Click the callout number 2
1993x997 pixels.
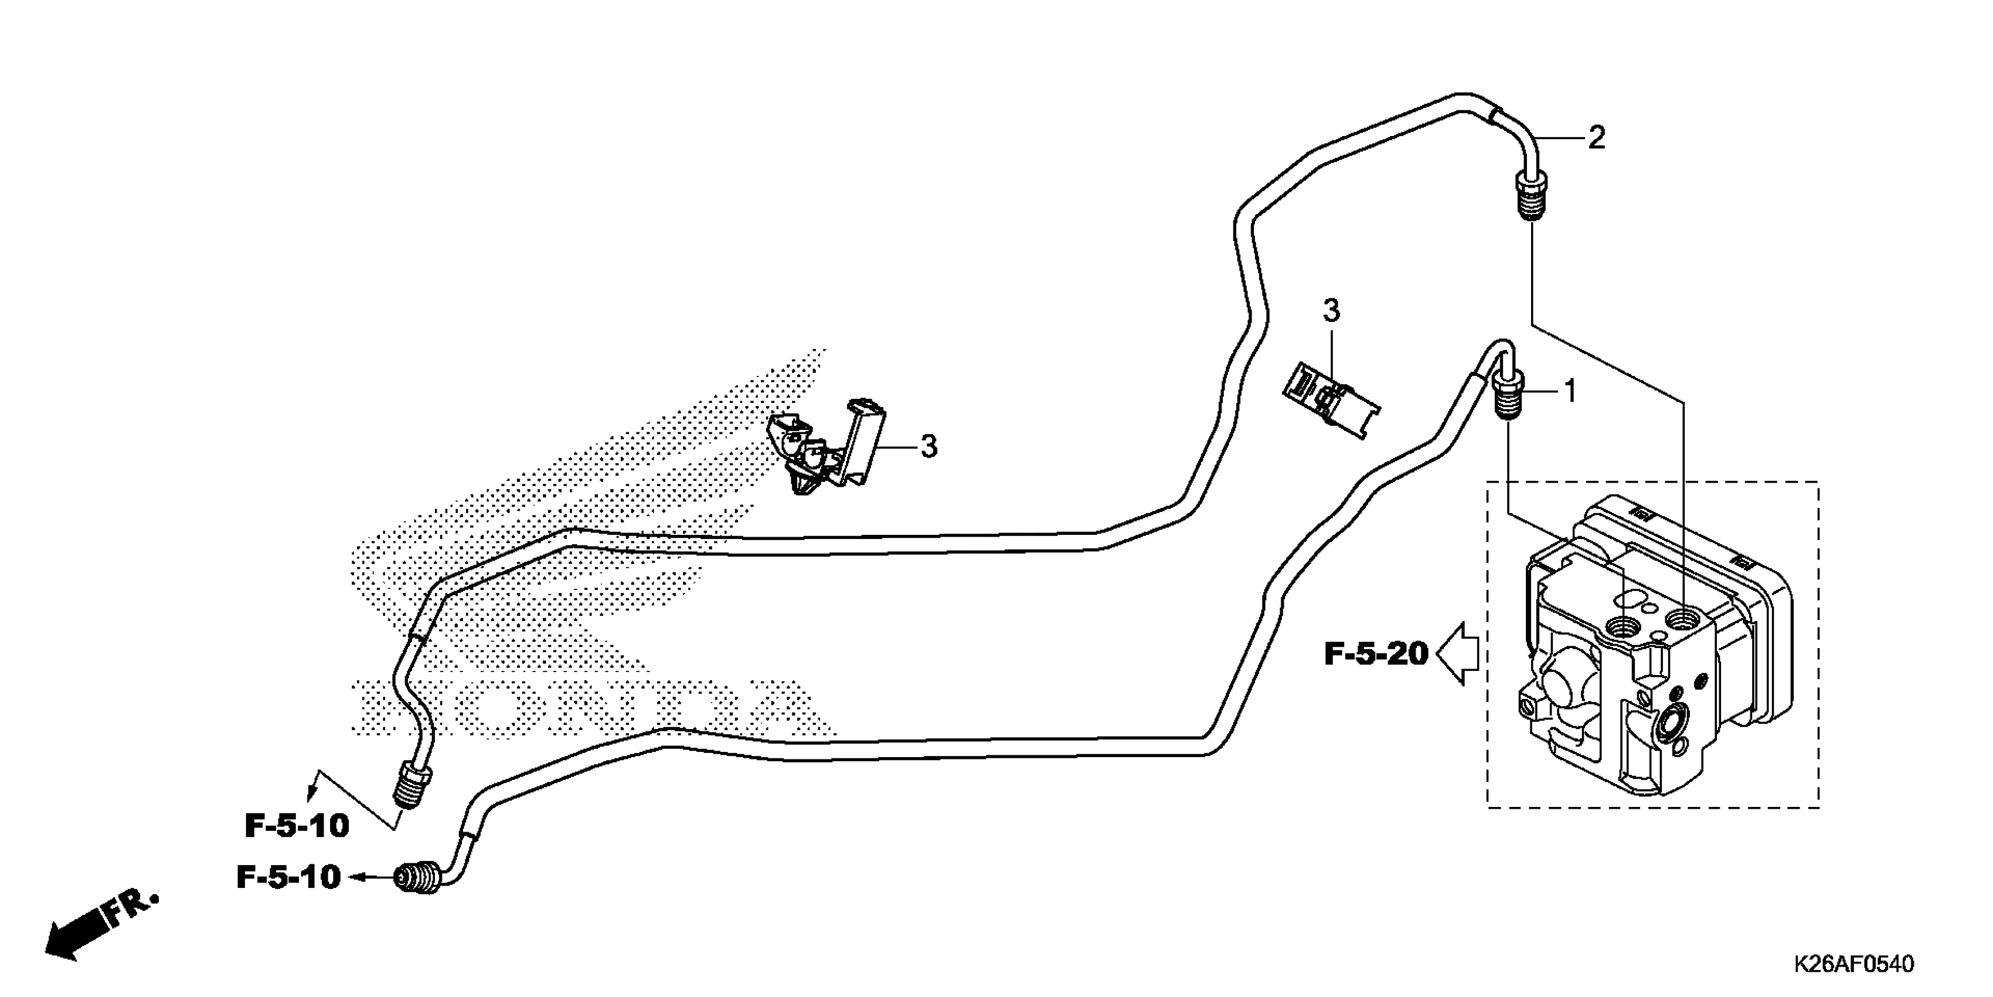1596,138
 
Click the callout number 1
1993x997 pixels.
1570,392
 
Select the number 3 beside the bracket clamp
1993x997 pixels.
929,447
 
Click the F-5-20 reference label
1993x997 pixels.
1376,654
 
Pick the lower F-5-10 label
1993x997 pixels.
288,877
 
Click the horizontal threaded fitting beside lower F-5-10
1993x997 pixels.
419,879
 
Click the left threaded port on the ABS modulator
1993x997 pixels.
1621,624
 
